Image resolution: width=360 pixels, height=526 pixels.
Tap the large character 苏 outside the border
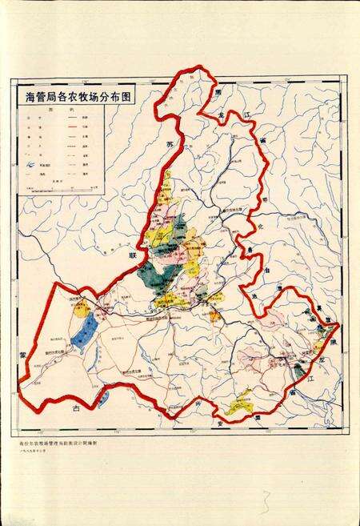point(170,144)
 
